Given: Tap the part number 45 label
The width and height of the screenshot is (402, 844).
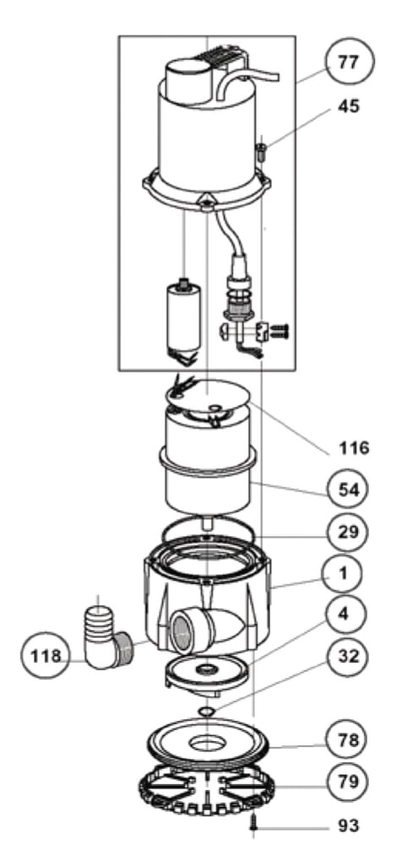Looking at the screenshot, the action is pyautogui.click(x=348, y=106).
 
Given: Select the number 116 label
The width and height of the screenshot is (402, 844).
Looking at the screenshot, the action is pyautogui.click(x=354, y=447).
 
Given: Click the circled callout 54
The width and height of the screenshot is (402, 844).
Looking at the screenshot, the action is pyautogui.click(x=348, y=490).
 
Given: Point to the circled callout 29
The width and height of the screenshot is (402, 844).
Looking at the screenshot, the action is pyautogui.click(x=348, y=532).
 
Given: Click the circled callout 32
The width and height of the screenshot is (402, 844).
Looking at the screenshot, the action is pyautogui.click(x=348, y=656).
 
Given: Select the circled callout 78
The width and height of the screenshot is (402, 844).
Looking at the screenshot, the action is pyautogui.click(x=348, y=740).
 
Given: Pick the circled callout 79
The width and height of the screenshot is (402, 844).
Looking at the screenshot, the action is pyautogui.click(x=348, y=781).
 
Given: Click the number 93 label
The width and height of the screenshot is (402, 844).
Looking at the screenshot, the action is pyautogui.click(x=349, y=825).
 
